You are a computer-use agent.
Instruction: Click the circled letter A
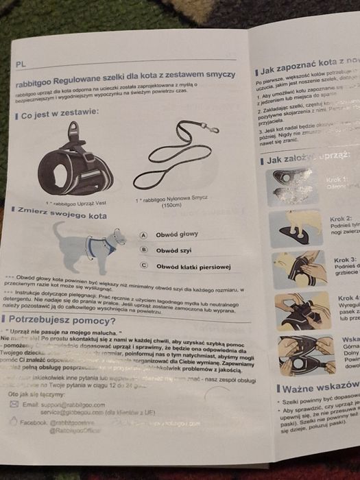(143, 235)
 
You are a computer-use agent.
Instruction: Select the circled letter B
(143, 250)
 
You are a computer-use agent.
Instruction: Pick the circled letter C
(144, 265)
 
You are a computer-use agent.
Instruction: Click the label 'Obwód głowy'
(178, 235)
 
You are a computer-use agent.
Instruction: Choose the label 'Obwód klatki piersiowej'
(193, 266)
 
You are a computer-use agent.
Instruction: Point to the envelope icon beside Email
(14, 405)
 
